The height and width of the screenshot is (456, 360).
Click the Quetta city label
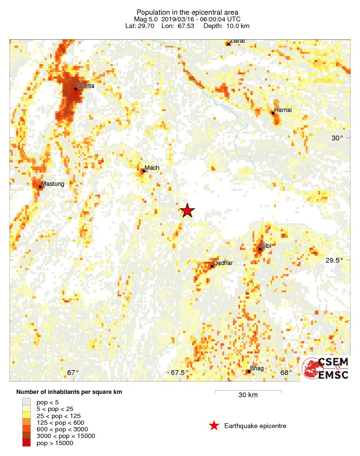(x=86, y=86)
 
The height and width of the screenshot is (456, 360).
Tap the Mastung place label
(x=53, y=183)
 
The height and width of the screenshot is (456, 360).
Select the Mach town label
(x=152, y=168)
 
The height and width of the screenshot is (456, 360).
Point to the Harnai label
(x=283, y=110)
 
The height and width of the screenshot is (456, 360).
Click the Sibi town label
(x=266, y=246)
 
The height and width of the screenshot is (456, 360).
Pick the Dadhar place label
(x=223, y=263)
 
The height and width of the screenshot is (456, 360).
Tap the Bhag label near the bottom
(x=257, y=368)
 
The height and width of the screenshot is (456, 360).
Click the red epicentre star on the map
(x=188, y=210)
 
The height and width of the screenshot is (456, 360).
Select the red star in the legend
(x=214, y=426)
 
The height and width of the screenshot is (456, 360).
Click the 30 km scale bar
(x=248, y=392)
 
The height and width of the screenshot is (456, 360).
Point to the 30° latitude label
(x=337, y=138)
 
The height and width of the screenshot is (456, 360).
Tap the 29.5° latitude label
(x=334, y=260)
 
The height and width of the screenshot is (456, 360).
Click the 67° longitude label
(x=73, y=373)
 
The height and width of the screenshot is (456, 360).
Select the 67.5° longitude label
(x=180, y=373)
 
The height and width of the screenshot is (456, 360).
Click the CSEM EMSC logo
(x=326, y=368)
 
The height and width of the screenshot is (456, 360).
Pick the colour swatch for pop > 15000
(x=26, y=443)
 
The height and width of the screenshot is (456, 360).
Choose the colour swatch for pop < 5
(x=26, y=402)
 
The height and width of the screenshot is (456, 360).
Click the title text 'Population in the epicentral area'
(x=187, y=12)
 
